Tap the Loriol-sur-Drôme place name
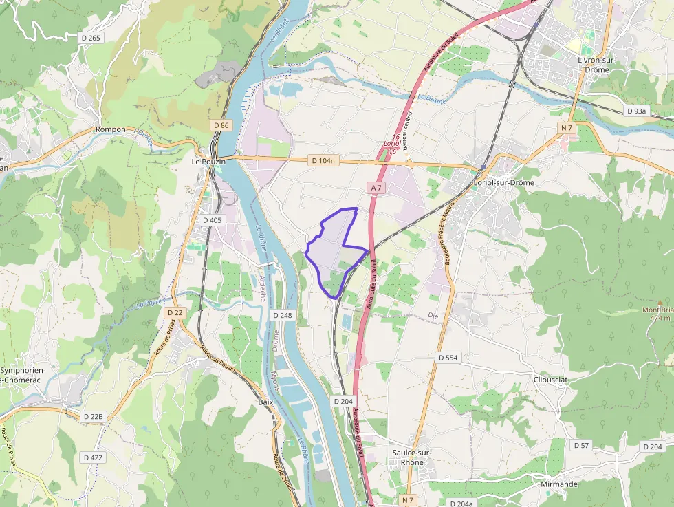504,183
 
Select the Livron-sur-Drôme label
597,65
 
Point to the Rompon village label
111,129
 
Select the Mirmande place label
559,484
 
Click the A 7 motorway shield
376,187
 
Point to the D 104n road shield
324,161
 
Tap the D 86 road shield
221,125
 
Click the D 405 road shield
213,220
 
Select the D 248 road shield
283,315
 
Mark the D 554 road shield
448,358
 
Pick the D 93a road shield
637,111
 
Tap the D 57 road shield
581,446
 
